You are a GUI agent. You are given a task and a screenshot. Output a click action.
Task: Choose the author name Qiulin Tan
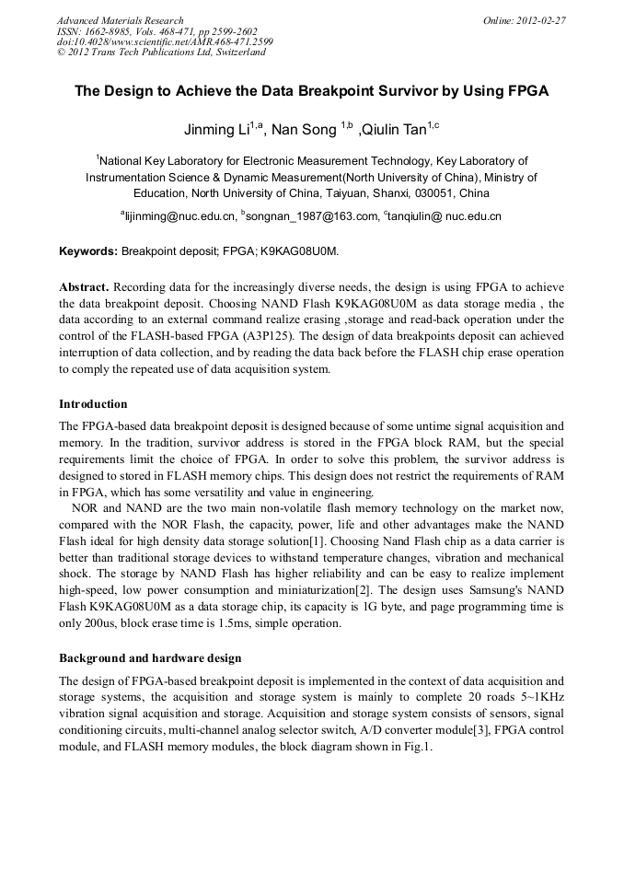click(x=394, y=130)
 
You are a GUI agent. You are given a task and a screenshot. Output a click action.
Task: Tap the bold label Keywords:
click(x=88, y=250)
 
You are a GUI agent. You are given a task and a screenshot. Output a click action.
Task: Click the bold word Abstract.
click(x=85, y=285)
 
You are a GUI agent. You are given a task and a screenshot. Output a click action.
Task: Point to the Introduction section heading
click(x=93, y=403)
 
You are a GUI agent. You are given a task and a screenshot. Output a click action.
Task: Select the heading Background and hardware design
click(x=150, y=657)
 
